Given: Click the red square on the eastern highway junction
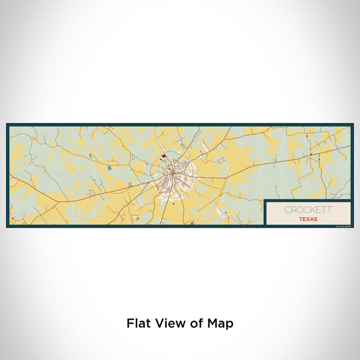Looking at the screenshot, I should point(311,154).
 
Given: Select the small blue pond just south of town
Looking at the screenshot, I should point(174,204).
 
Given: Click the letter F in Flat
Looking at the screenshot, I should point(129,323).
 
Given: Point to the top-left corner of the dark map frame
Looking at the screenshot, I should point(7,124).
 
